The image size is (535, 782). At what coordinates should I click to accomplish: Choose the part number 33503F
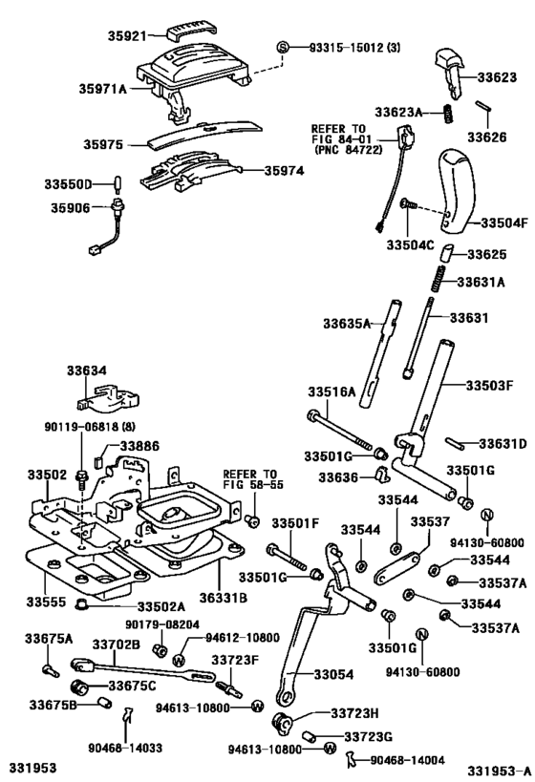tap(491, 385)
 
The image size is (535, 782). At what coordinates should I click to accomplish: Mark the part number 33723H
tap(355, 713)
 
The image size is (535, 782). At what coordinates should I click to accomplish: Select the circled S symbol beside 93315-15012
tap(283, 48)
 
